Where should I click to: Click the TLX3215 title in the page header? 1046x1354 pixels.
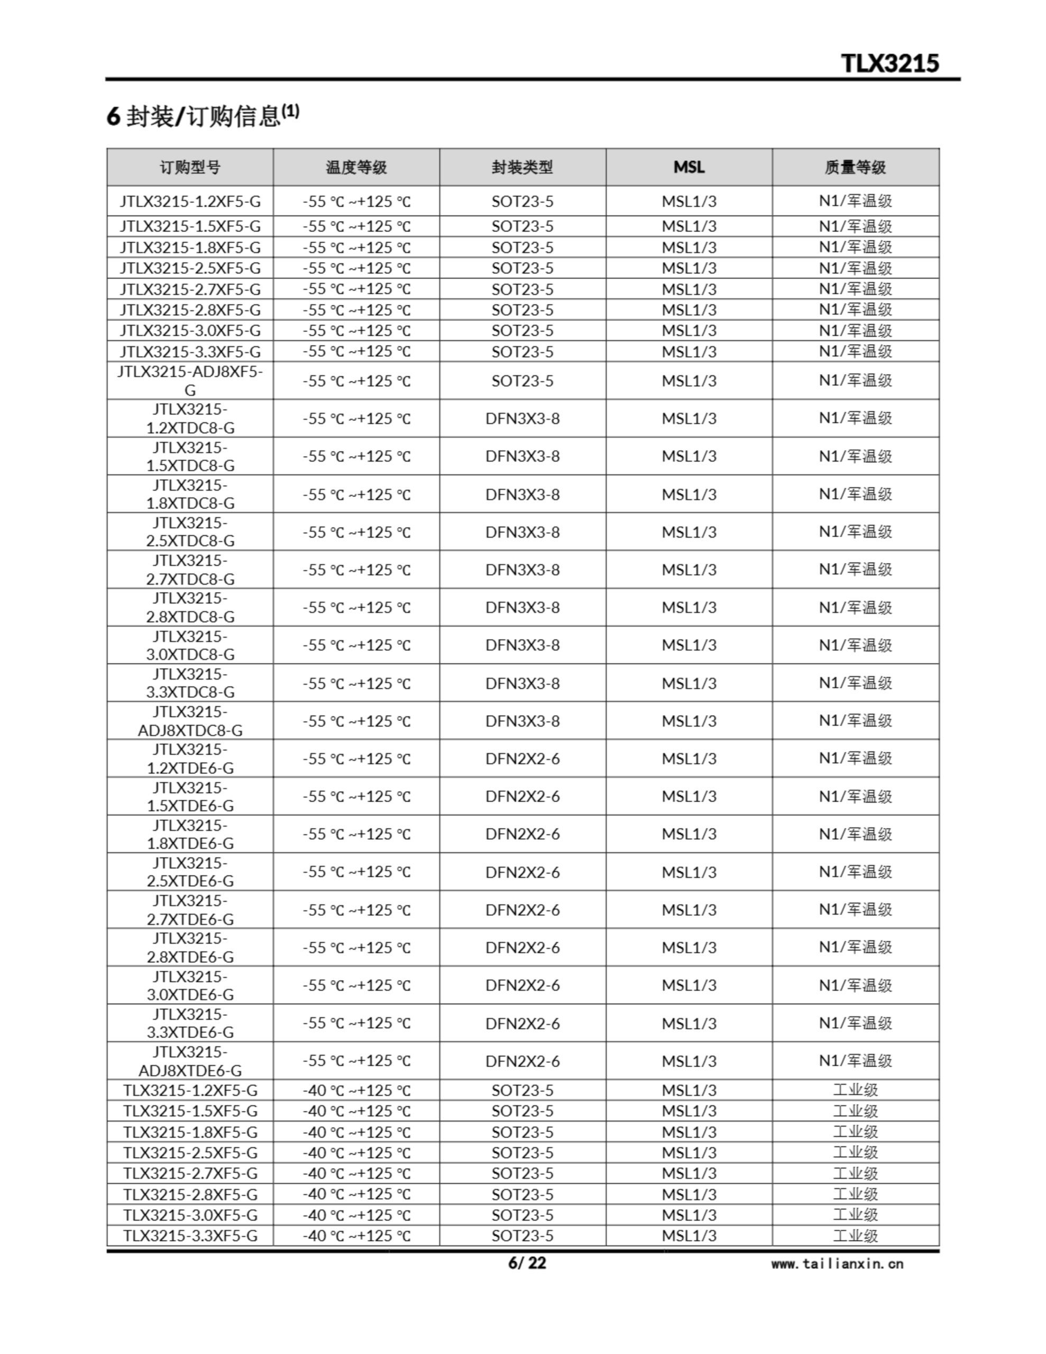890,63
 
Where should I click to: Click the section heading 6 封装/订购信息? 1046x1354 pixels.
202,115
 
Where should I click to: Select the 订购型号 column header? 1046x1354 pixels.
190,167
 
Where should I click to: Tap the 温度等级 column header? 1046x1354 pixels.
356,167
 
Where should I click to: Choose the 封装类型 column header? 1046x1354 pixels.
522,167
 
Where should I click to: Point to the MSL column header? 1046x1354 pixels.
689,167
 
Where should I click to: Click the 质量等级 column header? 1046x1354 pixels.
855,167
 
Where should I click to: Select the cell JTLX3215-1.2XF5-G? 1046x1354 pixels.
190,202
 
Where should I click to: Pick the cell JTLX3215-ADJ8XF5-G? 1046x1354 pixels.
190,381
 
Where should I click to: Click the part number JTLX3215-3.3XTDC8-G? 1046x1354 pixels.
190,683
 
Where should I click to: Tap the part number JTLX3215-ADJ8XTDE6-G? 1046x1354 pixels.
190,1062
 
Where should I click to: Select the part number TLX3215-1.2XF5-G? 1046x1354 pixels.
190,1091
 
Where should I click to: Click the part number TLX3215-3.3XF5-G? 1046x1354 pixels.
190,1236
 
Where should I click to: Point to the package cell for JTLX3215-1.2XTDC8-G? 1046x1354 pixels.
522,419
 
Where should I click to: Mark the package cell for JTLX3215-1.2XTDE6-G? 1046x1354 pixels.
522,759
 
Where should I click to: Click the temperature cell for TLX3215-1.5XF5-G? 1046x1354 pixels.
356,1111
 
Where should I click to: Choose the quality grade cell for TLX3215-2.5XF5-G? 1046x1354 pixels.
855,1152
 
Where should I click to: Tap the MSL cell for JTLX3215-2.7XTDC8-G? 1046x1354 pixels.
689,570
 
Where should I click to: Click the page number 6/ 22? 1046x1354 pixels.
527,1263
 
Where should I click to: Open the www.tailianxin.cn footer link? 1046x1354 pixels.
837,1264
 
